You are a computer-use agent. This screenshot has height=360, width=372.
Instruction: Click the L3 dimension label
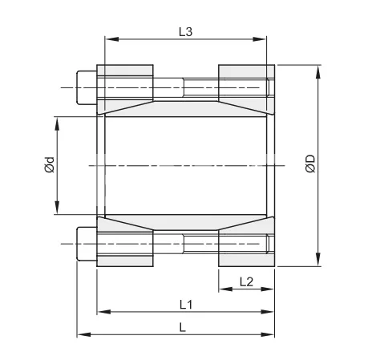[185, 31]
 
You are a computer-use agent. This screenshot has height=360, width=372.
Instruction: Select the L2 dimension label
[246, 281]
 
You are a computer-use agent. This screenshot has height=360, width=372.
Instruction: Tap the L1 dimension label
[185, 305]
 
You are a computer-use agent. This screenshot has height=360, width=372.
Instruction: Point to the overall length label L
[184, 327]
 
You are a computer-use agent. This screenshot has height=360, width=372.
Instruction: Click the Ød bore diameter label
[49, 166]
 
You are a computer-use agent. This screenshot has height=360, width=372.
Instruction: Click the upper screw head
[86, 86]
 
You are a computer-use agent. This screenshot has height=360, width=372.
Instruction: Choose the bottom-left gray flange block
[125, 258]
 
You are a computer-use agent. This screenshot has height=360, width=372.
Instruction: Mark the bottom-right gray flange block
[245, 258]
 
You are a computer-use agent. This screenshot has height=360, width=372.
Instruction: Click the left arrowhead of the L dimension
[80, 335]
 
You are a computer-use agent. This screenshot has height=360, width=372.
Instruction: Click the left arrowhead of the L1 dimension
[100, 313]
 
